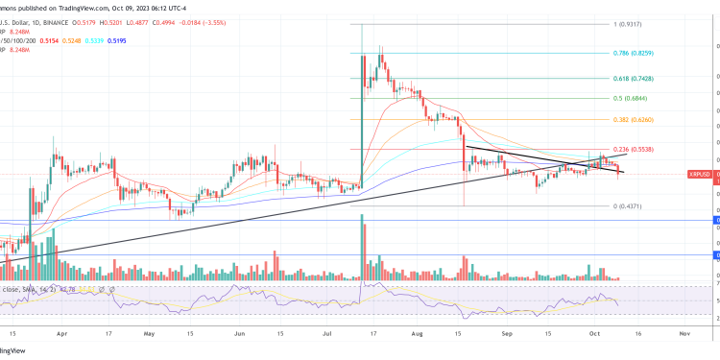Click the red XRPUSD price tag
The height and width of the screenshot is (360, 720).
(701, 174)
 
